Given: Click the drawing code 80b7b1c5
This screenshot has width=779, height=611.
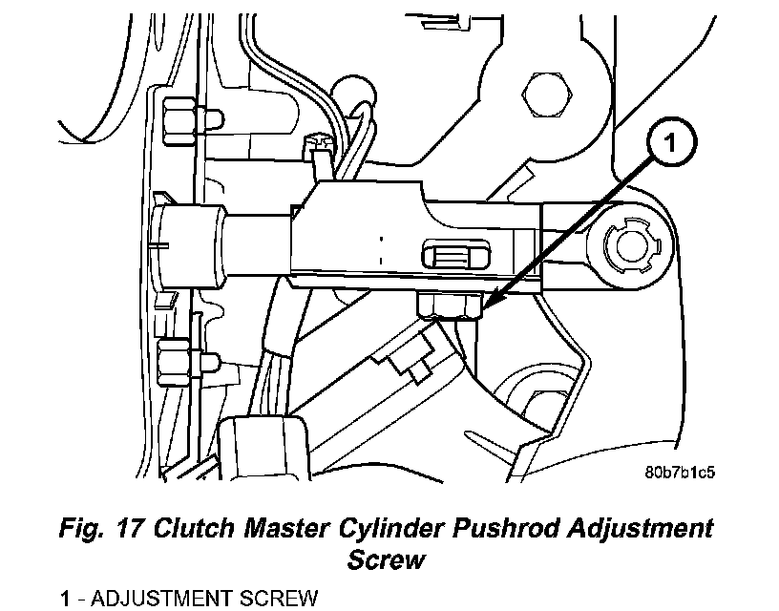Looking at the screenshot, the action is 680,471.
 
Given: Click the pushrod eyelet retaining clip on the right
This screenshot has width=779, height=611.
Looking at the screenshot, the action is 632,245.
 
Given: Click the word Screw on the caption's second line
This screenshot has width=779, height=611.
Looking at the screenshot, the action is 386,558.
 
